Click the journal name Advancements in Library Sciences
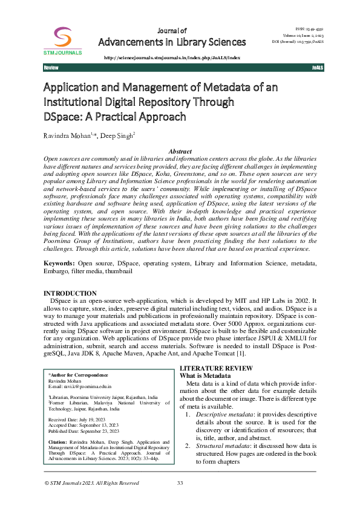click(x=172, y=42)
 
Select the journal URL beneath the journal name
click(x=172, y=57)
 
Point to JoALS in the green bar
click(x=317, y=68)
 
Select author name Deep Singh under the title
click(x=117, y=135)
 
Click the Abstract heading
click(x=180, y=151)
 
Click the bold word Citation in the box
click(x=58, y=442)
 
